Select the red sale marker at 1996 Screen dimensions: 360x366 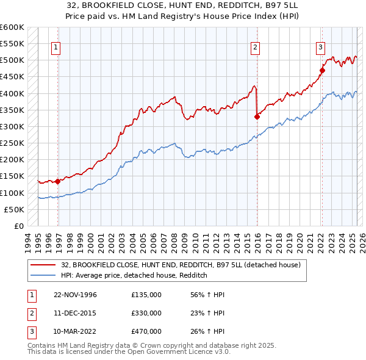pos(58,181)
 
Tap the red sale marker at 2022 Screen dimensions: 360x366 pos(322,70)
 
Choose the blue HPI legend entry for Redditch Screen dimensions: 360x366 pos(134,275)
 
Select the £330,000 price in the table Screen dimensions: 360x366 pos(146,313)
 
